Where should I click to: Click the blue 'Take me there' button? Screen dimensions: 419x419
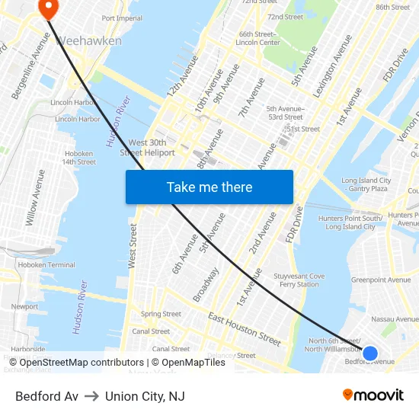(x=209, y=187)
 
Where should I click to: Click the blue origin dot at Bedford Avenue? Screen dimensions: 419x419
(x=370, y=353)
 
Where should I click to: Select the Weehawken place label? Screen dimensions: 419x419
(x=89, y=40)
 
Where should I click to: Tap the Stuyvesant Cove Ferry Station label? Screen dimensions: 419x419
(x=298, y=280)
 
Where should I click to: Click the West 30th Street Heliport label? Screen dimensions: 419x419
(x=152, y=148)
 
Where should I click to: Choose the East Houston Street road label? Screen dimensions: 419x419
(x=245, y=328)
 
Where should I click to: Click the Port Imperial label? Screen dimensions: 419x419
(x=122, y=18)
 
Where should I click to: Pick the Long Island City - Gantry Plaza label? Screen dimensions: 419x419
(x=366, y=184)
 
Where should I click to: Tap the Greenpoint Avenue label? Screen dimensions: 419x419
(x=381, y=280)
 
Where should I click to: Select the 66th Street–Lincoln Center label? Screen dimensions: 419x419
(x=260, y=38)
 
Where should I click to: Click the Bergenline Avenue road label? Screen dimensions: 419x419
(x=29, y=75)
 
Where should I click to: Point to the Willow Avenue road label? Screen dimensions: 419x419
(x=36, y=198)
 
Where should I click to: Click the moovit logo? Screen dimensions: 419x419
(x=373, y=395)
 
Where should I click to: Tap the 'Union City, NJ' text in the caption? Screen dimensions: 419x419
(x=145, y=396)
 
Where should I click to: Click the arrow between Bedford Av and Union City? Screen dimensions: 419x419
(x=91, y=396)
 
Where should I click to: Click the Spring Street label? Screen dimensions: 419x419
(x=161, y=314)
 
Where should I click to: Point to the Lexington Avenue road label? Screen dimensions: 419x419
(x=332, y=65)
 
